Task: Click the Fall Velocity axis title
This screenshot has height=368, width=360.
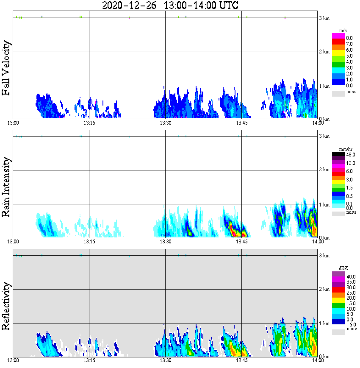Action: (x=6, y=68)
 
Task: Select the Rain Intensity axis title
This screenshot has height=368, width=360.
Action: (x=6, y=187)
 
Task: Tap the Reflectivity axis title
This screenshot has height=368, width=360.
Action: (x=6, y=306)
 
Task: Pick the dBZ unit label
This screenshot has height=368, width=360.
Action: (x=343, y=268)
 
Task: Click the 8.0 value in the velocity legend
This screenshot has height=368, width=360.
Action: (x=349, y=38)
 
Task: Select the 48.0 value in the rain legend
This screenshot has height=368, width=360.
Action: (x=350, y=155)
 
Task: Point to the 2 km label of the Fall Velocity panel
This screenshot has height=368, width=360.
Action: (x=324, y=52)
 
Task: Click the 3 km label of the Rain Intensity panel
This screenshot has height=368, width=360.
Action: (x=324, y=136)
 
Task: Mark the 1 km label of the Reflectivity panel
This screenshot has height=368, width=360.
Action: (x=324, y=323)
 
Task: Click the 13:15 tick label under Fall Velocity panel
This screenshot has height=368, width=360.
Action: (x=89, y=123)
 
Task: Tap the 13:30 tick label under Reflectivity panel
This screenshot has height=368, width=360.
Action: (x=165, y=360)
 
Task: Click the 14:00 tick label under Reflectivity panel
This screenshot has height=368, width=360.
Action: (x=317, y=360)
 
